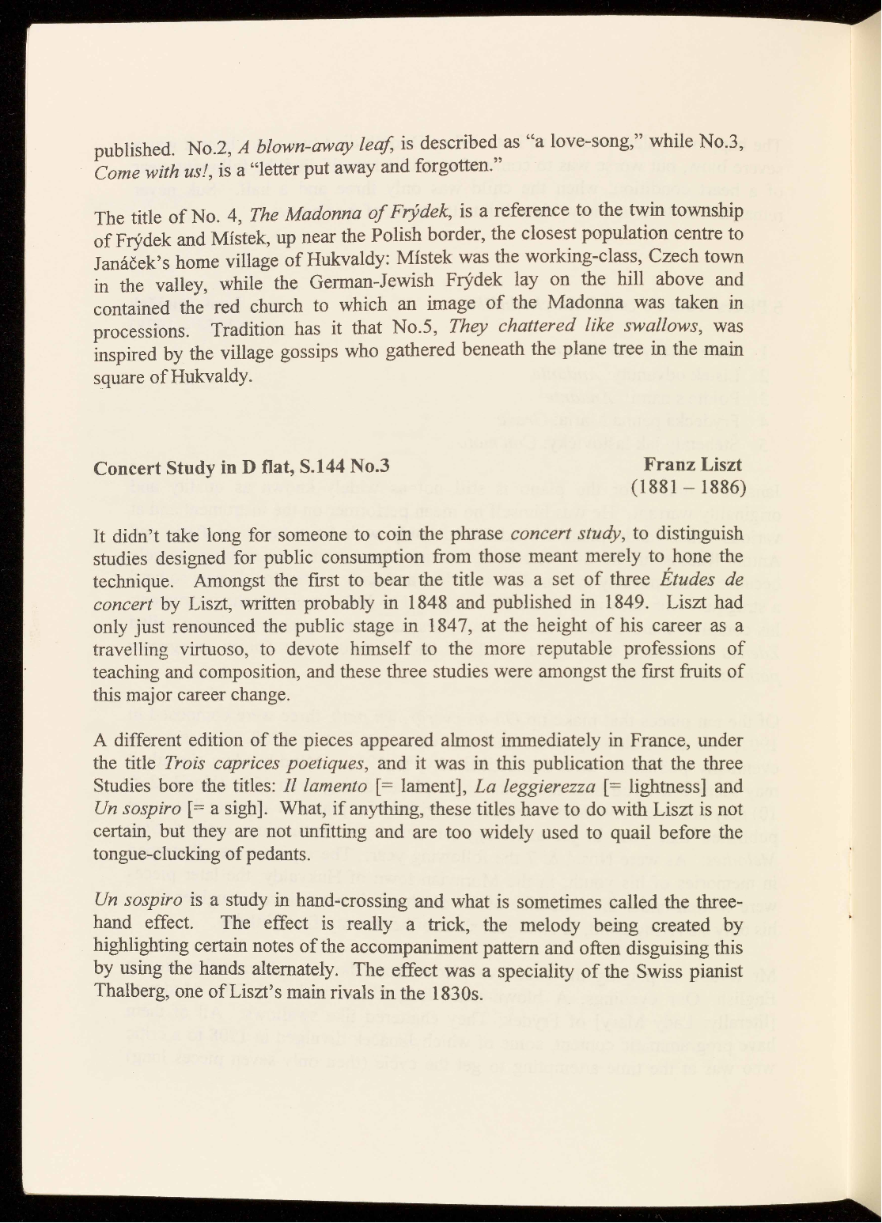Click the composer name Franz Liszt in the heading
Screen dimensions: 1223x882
coord(693,463)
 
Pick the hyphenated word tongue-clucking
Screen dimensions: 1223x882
coord(163,855)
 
